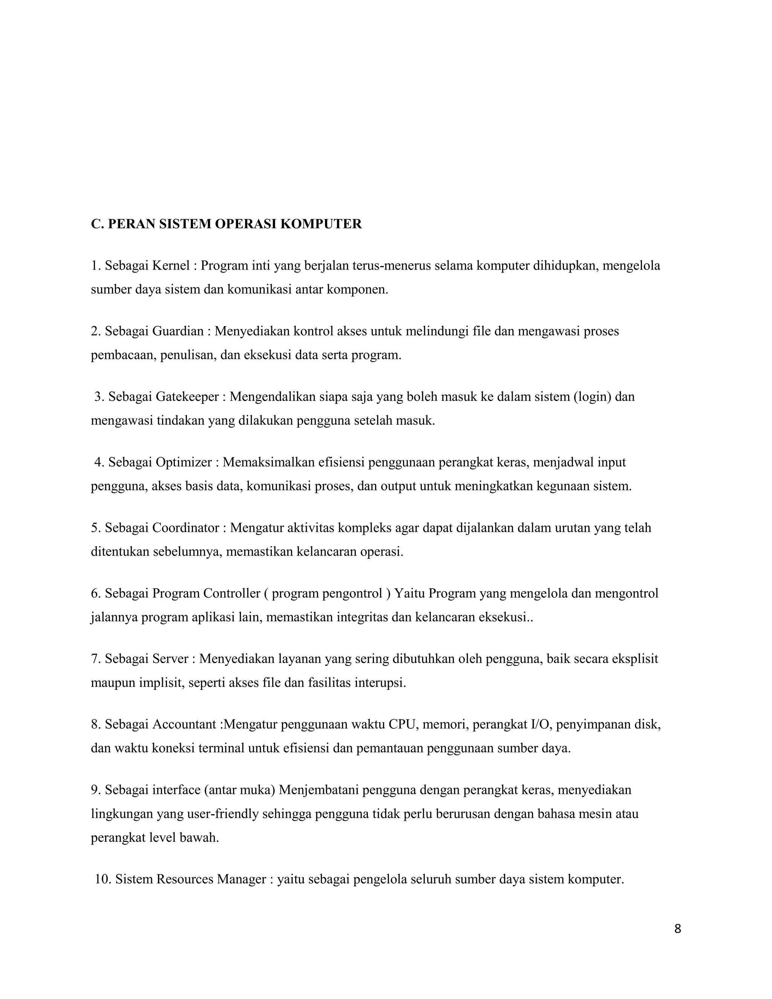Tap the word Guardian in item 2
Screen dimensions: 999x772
tap(178, 331)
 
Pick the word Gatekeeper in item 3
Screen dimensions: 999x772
tap(187, 397)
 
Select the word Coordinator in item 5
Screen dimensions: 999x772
tap(186, 528)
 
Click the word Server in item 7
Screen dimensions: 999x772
tap(170, 659)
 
